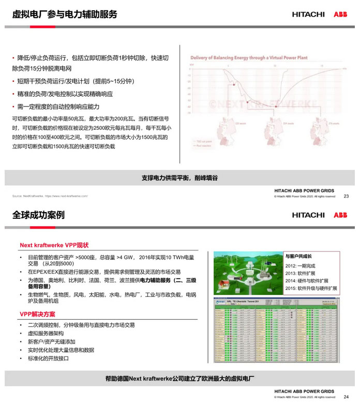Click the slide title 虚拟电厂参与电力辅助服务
(65, 14)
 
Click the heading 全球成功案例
(39, 215)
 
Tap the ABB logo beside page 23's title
(340, 14)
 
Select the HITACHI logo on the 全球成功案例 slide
(308, 215)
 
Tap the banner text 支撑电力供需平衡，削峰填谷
(179, 178)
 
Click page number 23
(346, 196)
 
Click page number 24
(346, 396)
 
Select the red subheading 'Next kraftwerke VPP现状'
(55, 245)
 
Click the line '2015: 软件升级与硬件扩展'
(311, 288)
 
